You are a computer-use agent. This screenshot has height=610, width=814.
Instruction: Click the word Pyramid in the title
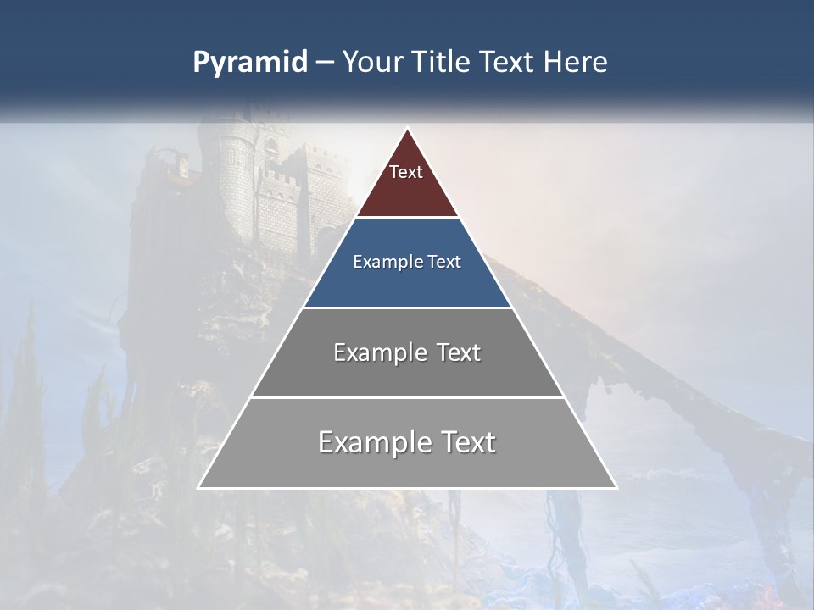click(250, 62)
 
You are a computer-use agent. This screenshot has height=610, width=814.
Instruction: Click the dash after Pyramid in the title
click(325, 63)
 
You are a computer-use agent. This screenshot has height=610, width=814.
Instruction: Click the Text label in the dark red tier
click(406, 172)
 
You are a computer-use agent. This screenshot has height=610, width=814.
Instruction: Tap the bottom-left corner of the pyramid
click(199, 487)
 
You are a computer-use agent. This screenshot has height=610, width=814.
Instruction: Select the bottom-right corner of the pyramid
click(616, 487)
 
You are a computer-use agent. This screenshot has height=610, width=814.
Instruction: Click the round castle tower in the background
click(236, 182)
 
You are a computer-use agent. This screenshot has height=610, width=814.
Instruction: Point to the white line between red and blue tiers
click(407, 218)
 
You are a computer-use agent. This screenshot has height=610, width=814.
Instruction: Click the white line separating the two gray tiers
click(407, 397)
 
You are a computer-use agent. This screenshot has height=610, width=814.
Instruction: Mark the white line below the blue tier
click(407, 308)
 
